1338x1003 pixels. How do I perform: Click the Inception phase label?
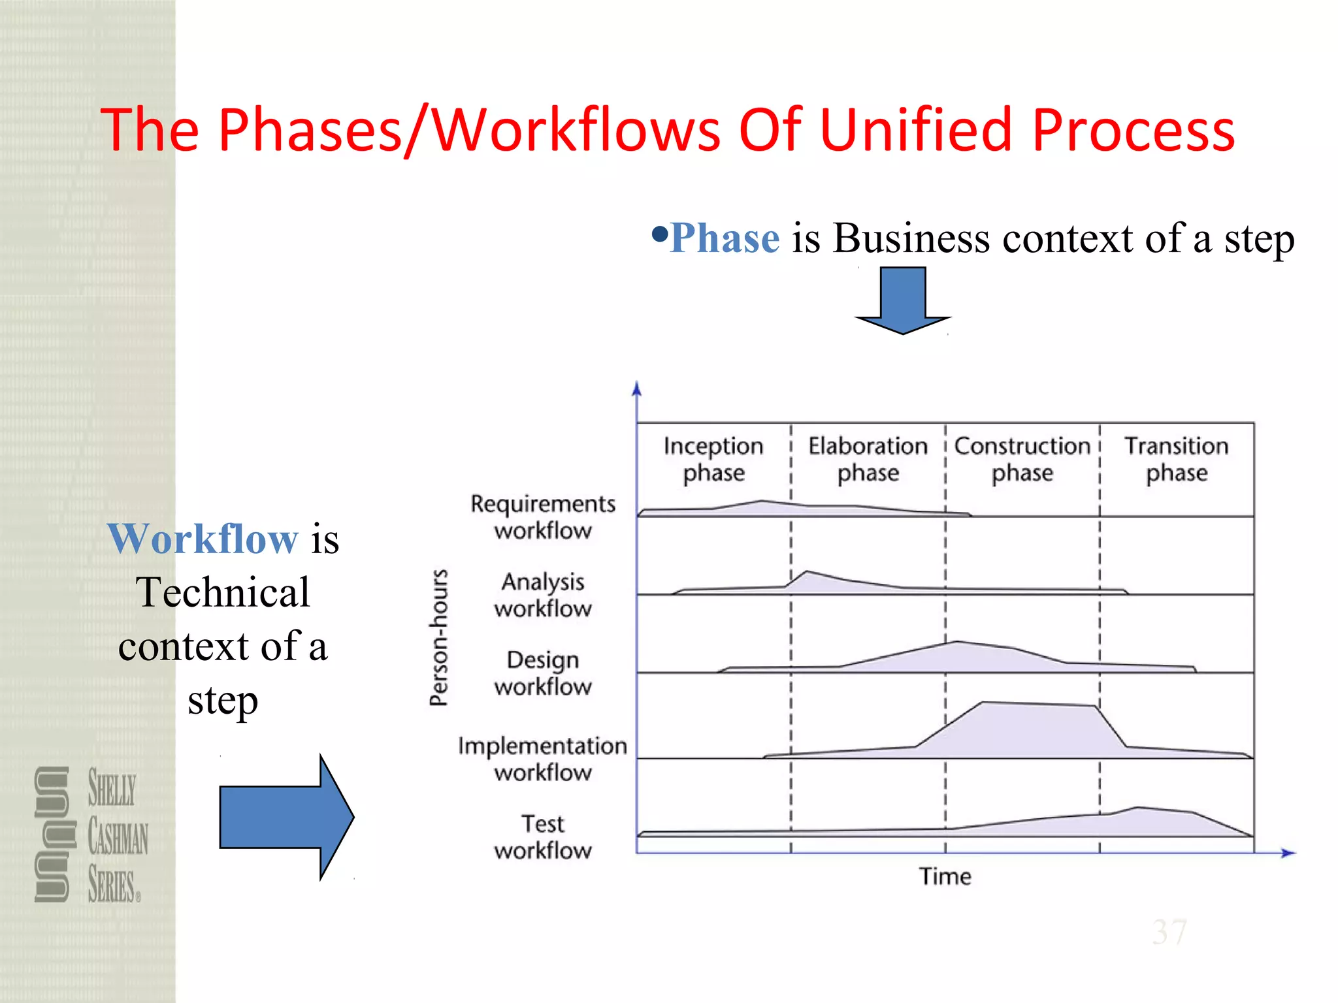coord(713,459)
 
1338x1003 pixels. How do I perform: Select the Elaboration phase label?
coord(868,459)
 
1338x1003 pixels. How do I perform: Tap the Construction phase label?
coord(1022,459)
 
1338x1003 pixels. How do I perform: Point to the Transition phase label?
coord(1177,459)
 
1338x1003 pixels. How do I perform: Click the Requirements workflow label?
coord(543,517)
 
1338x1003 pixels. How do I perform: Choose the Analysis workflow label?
coord(543,595)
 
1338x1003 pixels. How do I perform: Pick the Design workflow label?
coord(543,673)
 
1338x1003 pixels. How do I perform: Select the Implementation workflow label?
coord(543,759)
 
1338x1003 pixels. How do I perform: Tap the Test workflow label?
coord(543,836)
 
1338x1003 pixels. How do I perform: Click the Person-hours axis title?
coord(439,637)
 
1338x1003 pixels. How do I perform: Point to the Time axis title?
coord(945,876)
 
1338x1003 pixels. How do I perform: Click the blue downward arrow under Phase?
coord(903,300)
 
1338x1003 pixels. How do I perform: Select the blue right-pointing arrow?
coord(286,817)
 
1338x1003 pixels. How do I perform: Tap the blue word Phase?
coord(725,238)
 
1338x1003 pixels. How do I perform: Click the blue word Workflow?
coord(203,539)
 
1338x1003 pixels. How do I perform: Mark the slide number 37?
coord(1169,932)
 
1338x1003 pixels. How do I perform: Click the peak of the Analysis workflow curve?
coord(808,572)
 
